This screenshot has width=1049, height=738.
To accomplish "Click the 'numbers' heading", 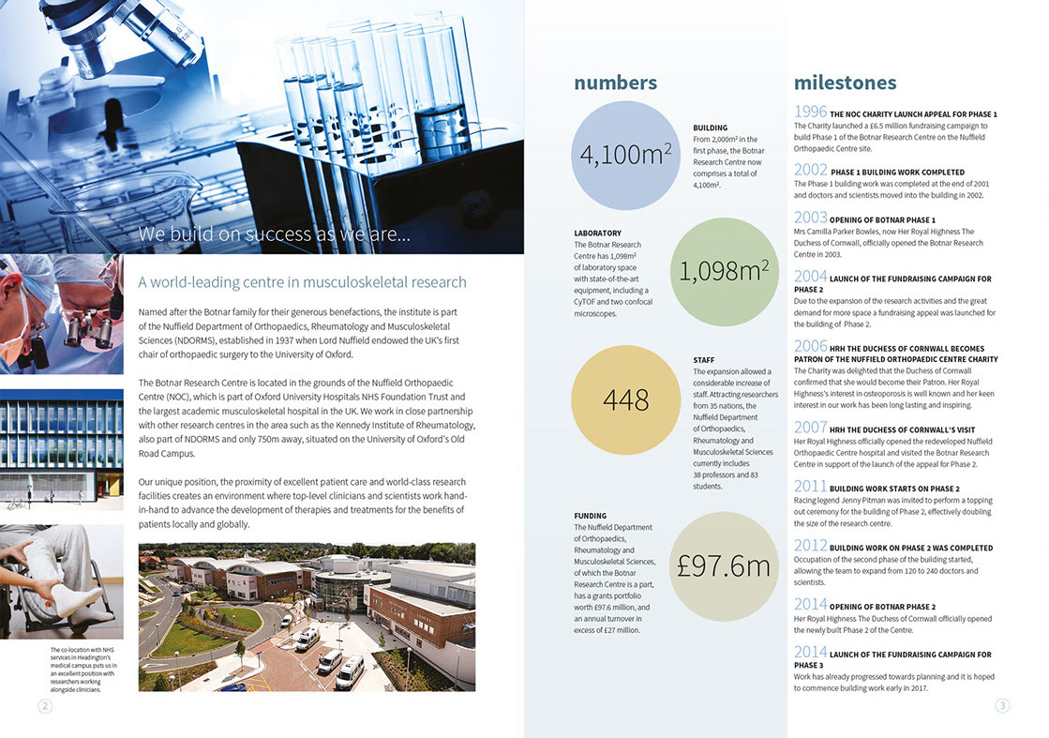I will (x=615, y=83).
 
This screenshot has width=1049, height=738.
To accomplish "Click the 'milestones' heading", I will (x=845, y=83).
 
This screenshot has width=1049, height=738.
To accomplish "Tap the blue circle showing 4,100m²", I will (x=624, y=155).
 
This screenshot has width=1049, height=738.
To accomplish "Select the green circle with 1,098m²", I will (x=724, y=272).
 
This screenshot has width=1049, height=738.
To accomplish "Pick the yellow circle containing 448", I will (x=624, y=400).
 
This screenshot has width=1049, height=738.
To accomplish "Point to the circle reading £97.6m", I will (x=724, y=565).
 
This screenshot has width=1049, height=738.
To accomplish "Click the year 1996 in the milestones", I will (x=810, y=113).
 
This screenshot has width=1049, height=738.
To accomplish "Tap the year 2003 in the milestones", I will (x=810, y=218).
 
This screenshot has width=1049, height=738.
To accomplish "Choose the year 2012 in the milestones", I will (x=810, y=546).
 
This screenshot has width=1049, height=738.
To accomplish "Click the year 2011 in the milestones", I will (x=810, y=487).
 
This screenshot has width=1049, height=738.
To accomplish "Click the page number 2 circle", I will (x=44, y=707).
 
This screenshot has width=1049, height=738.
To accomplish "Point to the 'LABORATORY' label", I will (x=597, y=233).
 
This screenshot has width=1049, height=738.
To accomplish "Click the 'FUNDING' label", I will (x=590, y=516).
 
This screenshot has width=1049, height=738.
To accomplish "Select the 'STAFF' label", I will (x=704, y=359).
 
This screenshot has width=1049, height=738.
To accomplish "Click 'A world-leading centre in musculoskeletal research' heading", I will (x=302, y=282).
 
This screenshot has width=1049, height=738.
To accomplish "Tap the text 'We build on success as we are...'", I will (x=274, y=234).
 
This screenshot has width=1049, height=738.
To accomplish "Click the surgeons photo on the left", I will (x=61, y=314).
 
